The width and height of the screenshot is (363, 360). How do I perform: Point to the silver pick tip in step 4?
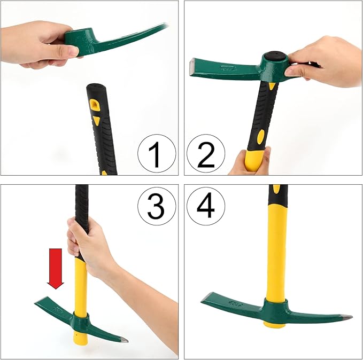coord(346,317)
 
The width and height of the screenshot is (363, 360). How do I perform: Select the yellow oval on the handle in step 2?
coord(260,138)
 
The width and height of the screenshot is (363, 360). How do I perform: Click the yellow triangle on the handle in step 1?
coord(96,121)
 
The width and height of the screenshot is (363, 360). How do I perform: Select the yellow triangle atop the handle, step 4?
coord(276,188)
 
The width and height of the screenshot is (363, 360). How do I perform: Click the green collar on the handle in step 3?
coord(81,323)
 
